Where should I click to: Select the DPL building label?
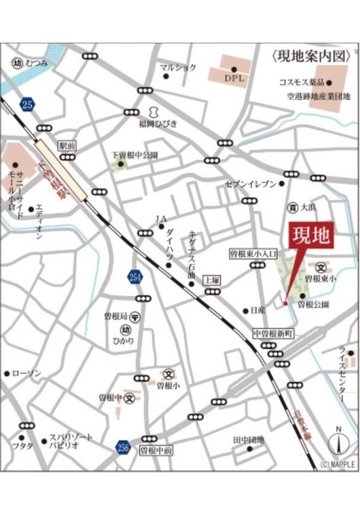click(235, 77)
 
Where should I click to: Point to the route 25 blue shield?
click(27, 104)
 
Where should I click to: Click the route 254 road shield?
click(138, 278)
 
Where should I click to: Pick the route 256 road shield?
click(122, 449)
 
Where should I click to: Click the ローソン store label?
click(27, 373)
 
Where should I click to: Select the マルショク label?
click(178, 68)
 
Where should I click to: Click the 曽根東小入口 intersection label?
click(253, 254)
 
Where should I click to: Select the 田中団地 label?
click(248, 439)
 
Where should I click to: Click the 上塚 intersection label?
click(211, 278)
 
